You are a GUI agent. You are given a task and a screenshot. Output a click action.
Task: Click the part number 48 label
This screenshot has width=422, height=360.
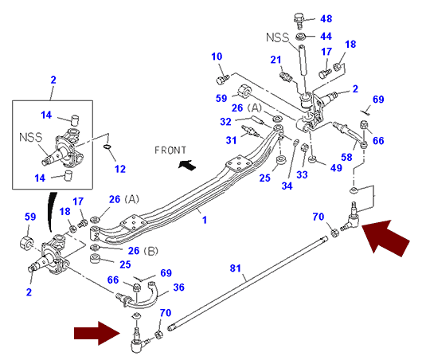coord(326,18)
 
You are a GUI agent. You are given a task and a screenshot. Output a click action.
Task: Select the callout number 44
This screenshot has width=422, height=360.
coord(326,36)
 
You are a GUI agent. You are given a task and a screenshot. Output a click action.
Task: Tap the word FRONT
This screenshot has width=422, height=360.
coord(170,150)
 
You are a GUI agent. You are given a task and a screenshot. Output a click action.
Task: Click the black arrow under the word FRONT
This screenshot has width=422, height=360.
coord(187,165)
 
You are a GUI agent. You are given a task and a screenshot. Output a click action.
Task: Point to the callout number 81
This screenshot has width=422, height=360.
coord(236,268)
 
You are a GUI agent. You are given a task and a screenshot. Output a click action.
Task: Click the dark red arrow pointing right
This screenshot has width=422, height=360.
coord(97,334)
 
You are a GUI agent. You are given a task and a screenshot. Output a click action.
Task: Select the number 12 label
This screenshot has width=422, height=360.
coord(120,169)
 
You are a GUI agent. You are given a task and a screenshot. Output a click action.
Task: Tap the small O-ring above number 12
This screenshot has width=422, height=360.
coord(107,147)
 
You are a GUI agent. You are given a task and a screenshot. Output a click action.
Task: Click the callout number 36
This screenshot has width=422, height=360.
coord(178,288)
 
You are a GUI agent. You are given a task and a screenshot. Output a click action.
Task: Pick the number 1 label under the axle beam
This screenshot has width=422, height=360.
coord(205,220)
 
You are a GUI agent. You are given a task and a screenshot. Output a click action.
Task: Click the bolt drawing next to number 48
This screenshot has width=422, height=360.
coord(299,21)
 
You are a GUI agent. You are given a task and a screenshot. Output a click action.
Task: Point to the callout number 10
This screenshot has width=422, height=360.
coord(217,57)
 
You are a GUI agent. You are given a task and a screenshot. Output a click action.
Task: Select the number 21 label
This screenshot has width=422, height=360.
coord(275,60)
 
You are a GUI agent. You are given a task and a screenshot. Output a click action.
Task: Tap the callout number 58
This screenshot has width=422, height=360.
coord(346,157)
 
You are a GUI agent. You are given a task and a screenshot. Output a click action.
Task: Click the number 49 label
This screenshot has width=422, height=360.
coord(336,168)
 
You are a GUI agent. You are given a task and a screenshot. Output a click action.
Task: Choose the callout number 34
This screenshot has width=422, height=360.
coord(287,186)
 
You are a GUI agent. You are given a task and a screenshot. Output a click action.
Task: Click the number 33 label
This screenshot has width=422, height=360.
coord(302,174)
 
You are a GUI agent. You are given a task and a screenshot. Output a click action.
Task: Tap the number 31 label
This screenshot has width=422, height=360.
coord(231,140)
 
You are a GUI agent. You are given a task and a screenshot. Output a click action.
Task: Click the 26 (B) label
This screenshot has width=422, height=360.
coord(143,251)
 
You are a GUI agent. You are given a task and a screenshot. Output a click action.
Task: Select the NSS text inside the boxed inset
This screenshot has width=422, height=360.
coord(31,137)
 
